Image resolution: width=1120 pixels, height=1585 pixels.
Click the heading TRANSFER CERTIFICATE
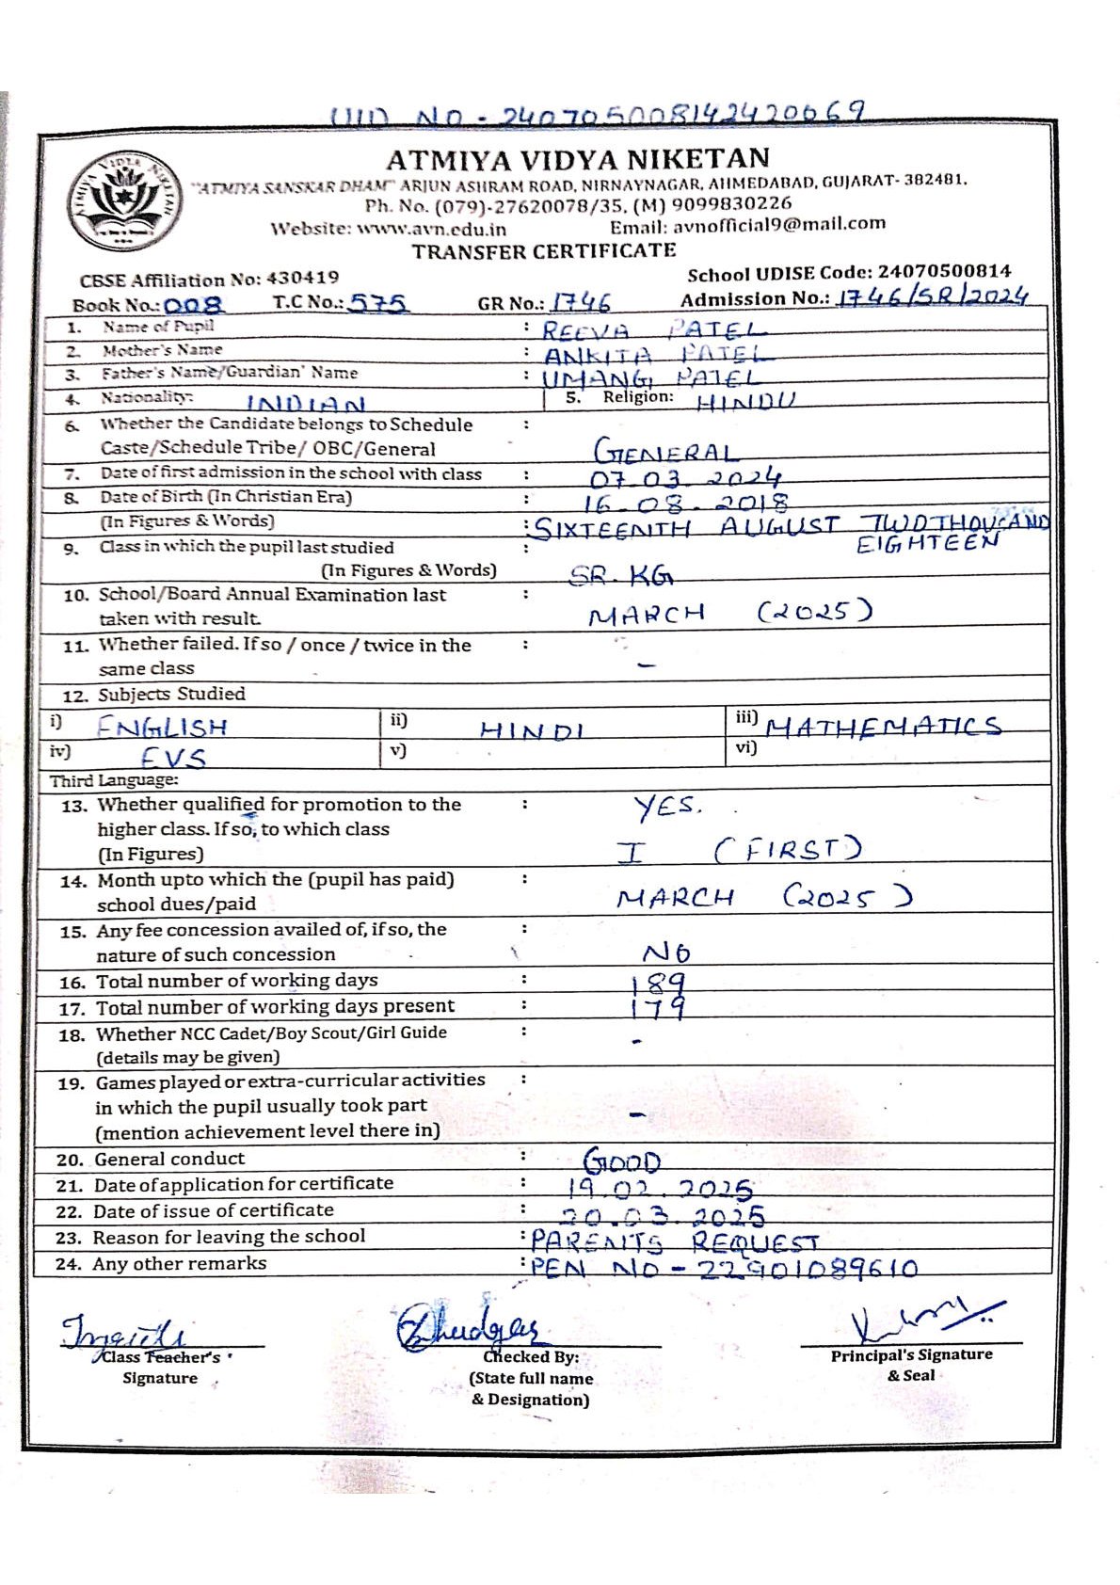point(544,250)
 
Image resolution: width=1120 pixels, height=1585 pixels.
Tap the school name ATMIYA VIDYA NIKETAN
point(578,158)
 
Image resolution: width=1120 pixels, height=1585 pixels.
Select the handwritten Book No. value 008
point(194,305)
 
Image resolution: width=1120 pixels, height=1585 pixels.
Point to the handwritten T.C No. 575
point(378,303)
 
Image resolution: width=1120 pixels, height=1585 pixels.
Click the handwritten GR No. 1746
point(581,302)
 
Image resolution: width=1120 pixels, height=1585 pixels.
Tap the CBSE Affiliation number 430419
point(302,278)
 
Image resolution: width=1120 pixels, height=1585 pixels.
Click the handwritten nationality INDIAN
point(306,405)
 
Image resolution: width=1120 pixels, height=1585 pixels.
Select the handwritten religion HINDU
point(745,402)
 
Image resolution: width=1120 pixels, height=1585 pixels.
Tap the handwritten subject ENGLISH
point(162,728)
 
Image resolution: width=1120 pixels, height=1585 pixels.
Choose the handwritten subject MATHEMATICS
point(883,727)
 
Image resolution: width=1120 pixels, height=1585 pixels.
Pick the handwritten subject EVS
point(173,757)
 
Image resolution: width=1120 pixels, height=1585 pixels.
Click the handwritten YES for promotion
point(666,807)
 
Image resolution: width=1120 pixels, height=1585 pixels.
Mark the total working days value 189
point(658,984)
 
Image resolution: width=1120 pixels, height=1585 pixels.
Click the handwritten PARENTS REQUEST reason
point(675,1241)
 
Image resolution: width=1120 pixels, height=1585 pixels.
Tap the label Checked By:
point(531,1356)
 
